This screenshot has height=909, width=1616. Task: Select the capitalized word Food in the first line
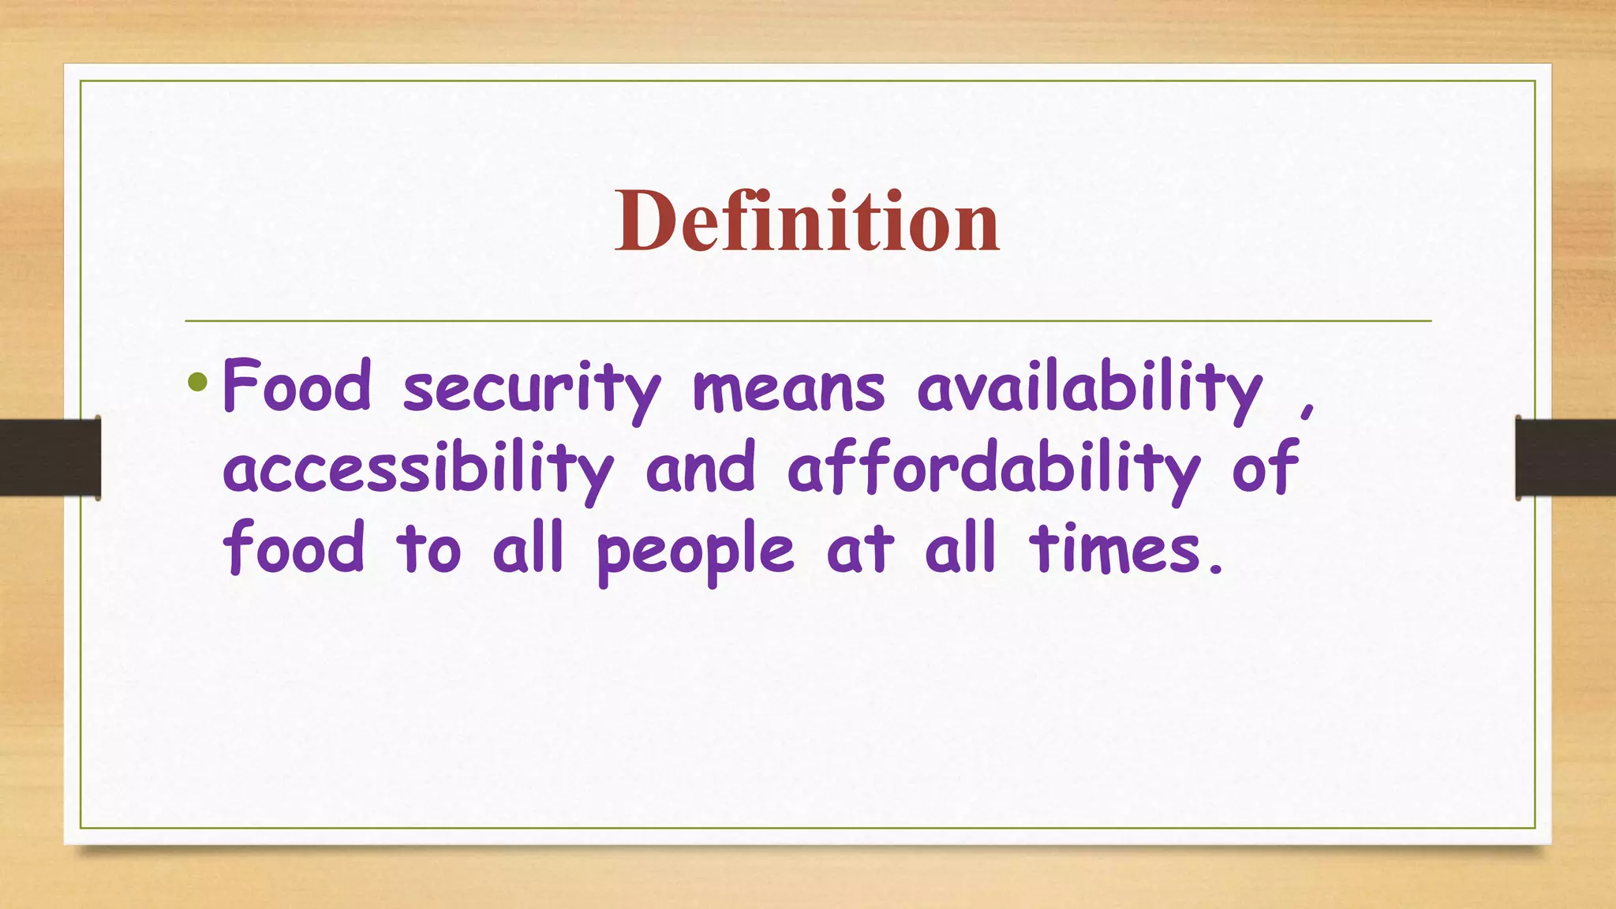pos(297,386)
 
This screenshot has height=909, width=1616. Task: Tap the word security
pos(532,388)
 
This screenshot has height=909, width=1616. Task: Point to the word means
pos(788,388)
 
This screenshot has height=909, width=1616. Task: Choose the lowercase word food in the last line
pos(294,548)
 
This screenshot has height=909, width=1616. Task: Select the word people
pos(695,552)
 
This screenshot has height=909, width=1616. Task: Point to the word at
pos(860,549)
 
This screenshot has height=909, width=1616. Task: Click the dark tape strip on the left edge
pos(50,458)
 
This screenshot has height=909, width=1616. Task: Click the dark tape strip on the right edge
pos(1565,458)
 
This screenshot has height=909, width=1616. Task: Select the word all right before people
pos(528,548)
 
